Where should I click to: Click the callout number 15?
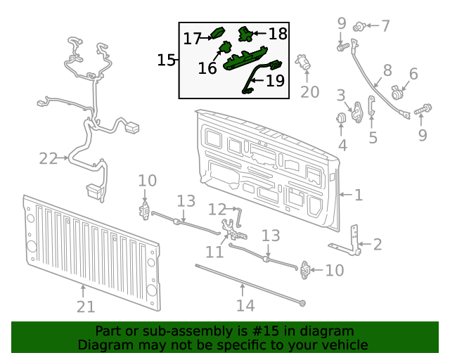point(166,60)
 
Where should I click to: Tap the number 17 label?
point(192,39)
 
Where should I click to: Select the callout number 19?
point(275,81)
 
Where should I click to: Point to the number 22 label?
point(48,159)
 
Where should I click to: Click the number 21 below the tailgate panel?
point(85,307)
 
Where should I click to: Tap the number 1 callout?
point(358,194)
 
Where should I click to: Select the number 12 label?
point(217,209)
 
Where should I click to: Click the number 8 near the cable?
point(387,70)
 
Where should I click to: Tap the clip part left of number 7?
point(360,27)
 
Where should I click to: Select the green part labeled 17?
point(217,32)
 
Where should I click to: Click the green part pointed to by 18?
point(246,32)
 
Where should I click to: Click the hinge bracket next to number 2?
point(354,239)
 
